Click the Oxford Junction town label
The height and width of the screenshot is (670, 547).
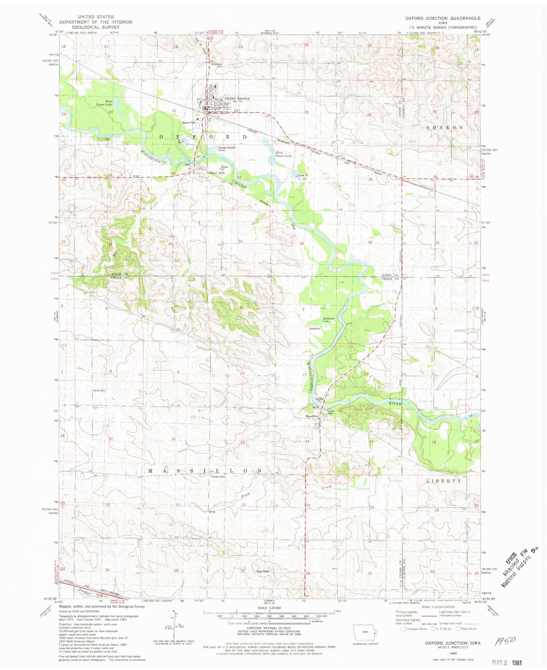(237, 98)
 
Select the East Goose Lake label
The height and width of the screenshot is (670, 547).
(284, 154)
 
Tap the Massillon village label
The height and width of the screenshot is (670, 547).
(312, 417)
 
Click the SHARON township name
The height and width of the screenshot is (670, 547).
(445, 127)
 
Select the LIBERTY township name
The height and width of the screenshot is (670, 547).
(444, 481)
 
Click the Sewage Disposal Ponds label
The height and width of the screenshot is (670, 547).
(227, 149)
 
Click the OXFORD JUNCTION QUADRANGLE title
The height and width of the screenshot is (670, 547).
(443, 18)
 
